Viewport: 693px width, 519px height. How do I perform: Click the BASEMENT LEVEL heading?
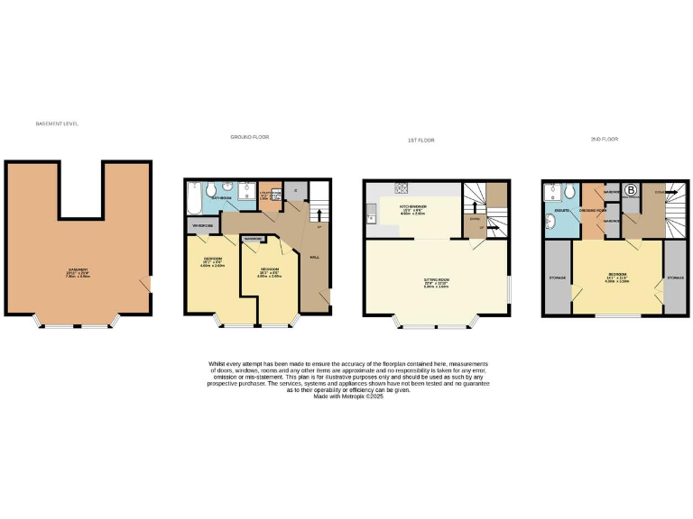57,123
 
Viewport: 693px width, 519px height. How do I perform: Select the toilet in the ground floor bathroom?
210,190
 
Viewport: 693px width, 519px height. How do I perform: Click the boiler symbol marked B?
632,190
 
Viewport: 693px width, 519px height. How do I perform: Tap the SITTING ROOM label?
437,281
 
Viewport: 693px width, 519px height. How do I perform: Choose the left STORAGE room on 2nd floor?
557,278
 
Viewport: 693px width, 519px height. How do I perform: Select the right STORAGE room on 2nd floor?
674,278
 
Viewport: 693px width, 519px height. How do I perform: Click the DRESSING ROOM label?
593,209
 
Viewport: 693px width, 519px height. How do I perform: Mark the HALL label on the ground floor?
315,257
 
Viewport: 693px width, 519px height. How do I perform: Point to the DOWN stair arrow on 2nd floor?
661,192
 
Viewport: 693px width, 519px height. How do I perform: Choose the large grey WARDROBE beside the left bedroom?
200,223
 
